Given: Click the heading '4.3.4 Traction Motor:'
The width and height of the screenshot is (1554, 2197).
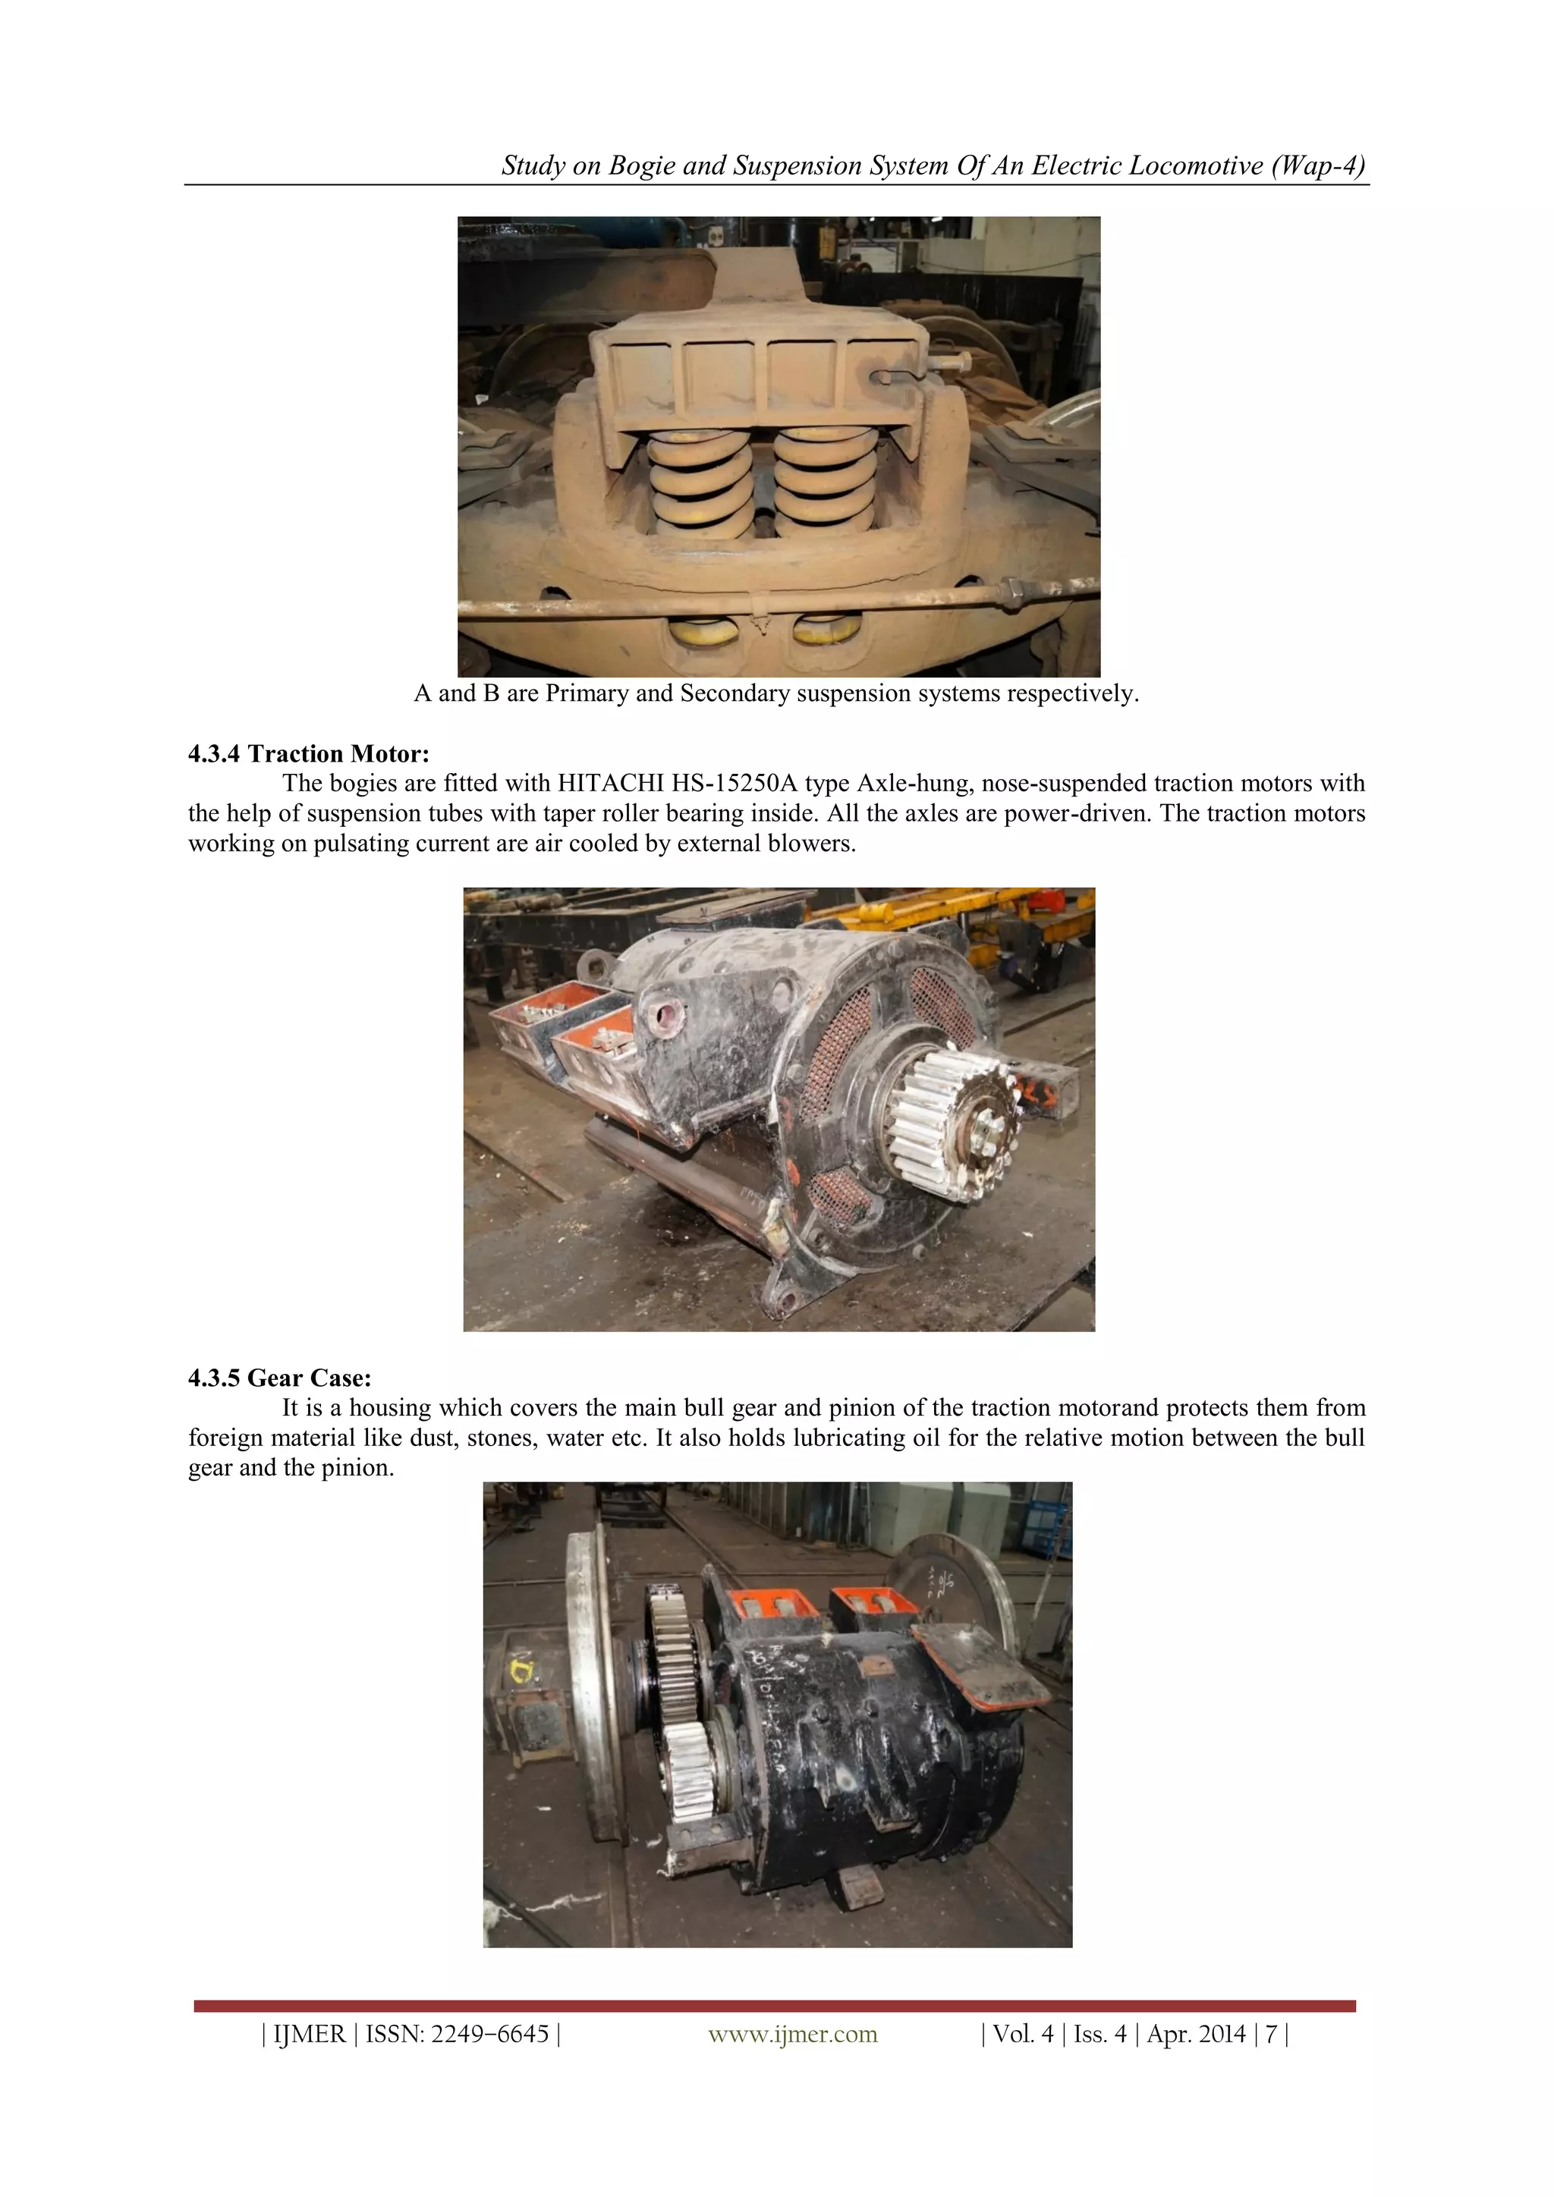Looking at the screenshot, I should click(308, 754).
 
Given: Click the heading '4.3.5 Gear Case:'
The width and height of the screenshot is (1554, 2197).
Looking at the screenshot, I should click(279, 1378).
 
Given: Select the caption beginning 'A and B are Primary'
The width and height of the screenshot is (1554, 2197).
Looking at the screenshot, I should click(776, 693).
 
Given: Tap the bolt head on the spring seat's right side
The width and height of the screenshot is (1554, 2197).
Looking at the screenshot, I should click(954, 363).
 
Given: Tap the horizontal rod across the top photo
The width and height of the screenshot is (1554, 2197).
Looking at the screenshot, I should click(747, 605).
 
